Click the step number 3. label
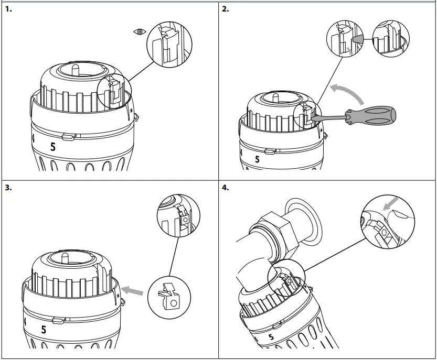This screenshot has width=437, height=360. click(8, 188)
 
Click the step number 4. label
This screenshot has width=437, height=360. click(226, 188)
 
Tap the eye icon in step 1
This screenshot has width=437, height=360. click(139, 32)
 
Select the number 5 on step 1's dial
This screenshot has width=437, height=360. click(52, 147)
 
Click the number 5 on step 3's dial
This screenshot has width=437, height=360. click(44, 330)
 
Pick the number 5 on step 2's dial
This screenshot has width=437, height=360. click(257, 159)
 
